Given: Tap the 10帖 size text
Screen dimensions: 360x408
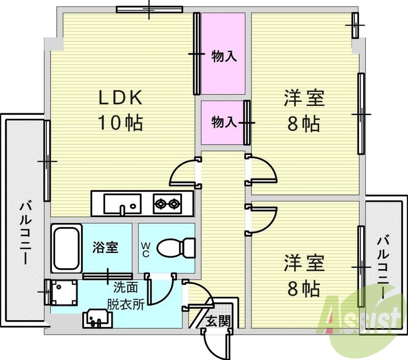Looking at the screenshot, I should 120,123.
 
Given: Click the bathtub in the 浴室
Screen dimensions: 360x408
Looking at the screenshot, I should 65,247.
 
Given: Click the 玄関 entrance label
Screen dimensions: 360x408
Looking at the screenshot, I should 217,321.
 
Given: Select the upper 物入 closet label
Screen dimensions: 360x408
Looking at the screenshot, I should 224,56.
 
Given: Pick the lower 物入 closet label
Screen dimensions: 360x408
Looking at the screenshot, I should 223,122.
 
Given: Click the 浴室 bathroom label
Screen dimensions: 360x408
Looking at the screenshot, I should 106,248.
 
